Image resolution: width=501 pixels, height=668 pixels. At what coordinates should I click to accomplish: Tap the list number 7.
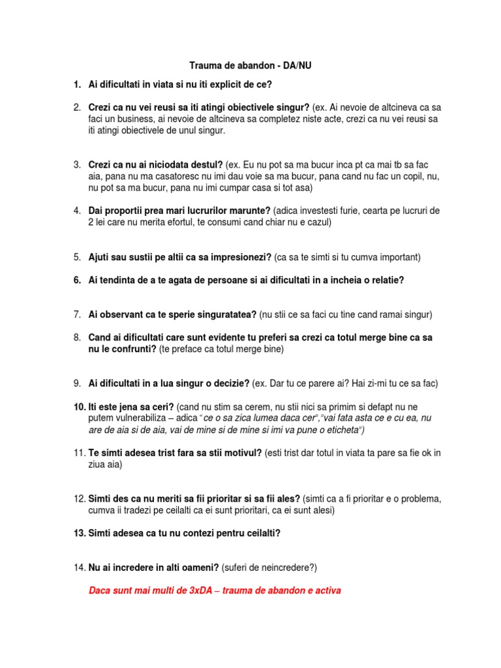pyautogui.click(x=76, y=314)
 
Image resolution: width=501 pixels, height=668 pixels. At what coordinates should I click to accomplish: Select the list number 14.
pyautogui.click(x=78, y=568)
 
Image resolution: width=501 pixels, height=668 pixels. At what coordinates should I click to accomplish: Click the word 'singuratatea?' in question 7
pyautogui.click(x=225, y=314)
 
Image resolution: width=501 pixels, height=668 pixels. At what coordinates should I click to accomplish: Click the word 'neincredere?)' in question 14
pyautogui.click(x=286, y=568)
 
